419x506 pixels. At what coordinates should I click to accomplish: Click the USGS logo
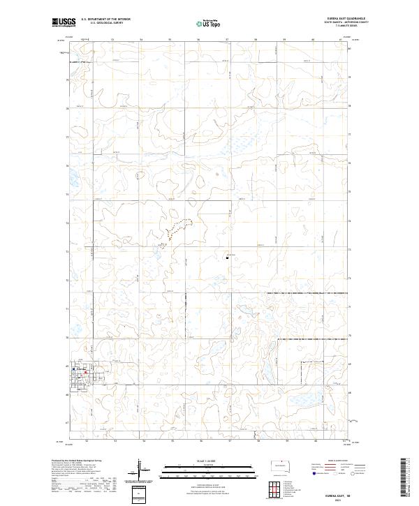[64, 23]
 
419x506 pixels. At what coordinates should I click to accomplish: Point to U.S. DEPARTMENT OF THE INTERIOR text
[105, 20]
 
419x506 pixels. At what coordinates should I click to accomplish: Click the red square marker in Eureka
[85, 372]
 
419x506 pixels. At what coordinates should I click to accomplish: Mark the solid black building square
[228, 257]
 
